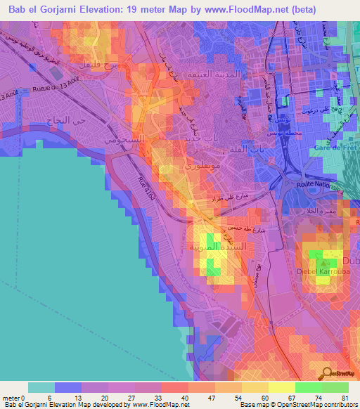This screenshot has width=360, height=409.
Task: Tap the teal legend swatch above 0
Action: tap(41, 387)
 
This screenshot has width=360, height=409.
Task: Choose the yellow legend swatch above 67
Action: tap(282, 387)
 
